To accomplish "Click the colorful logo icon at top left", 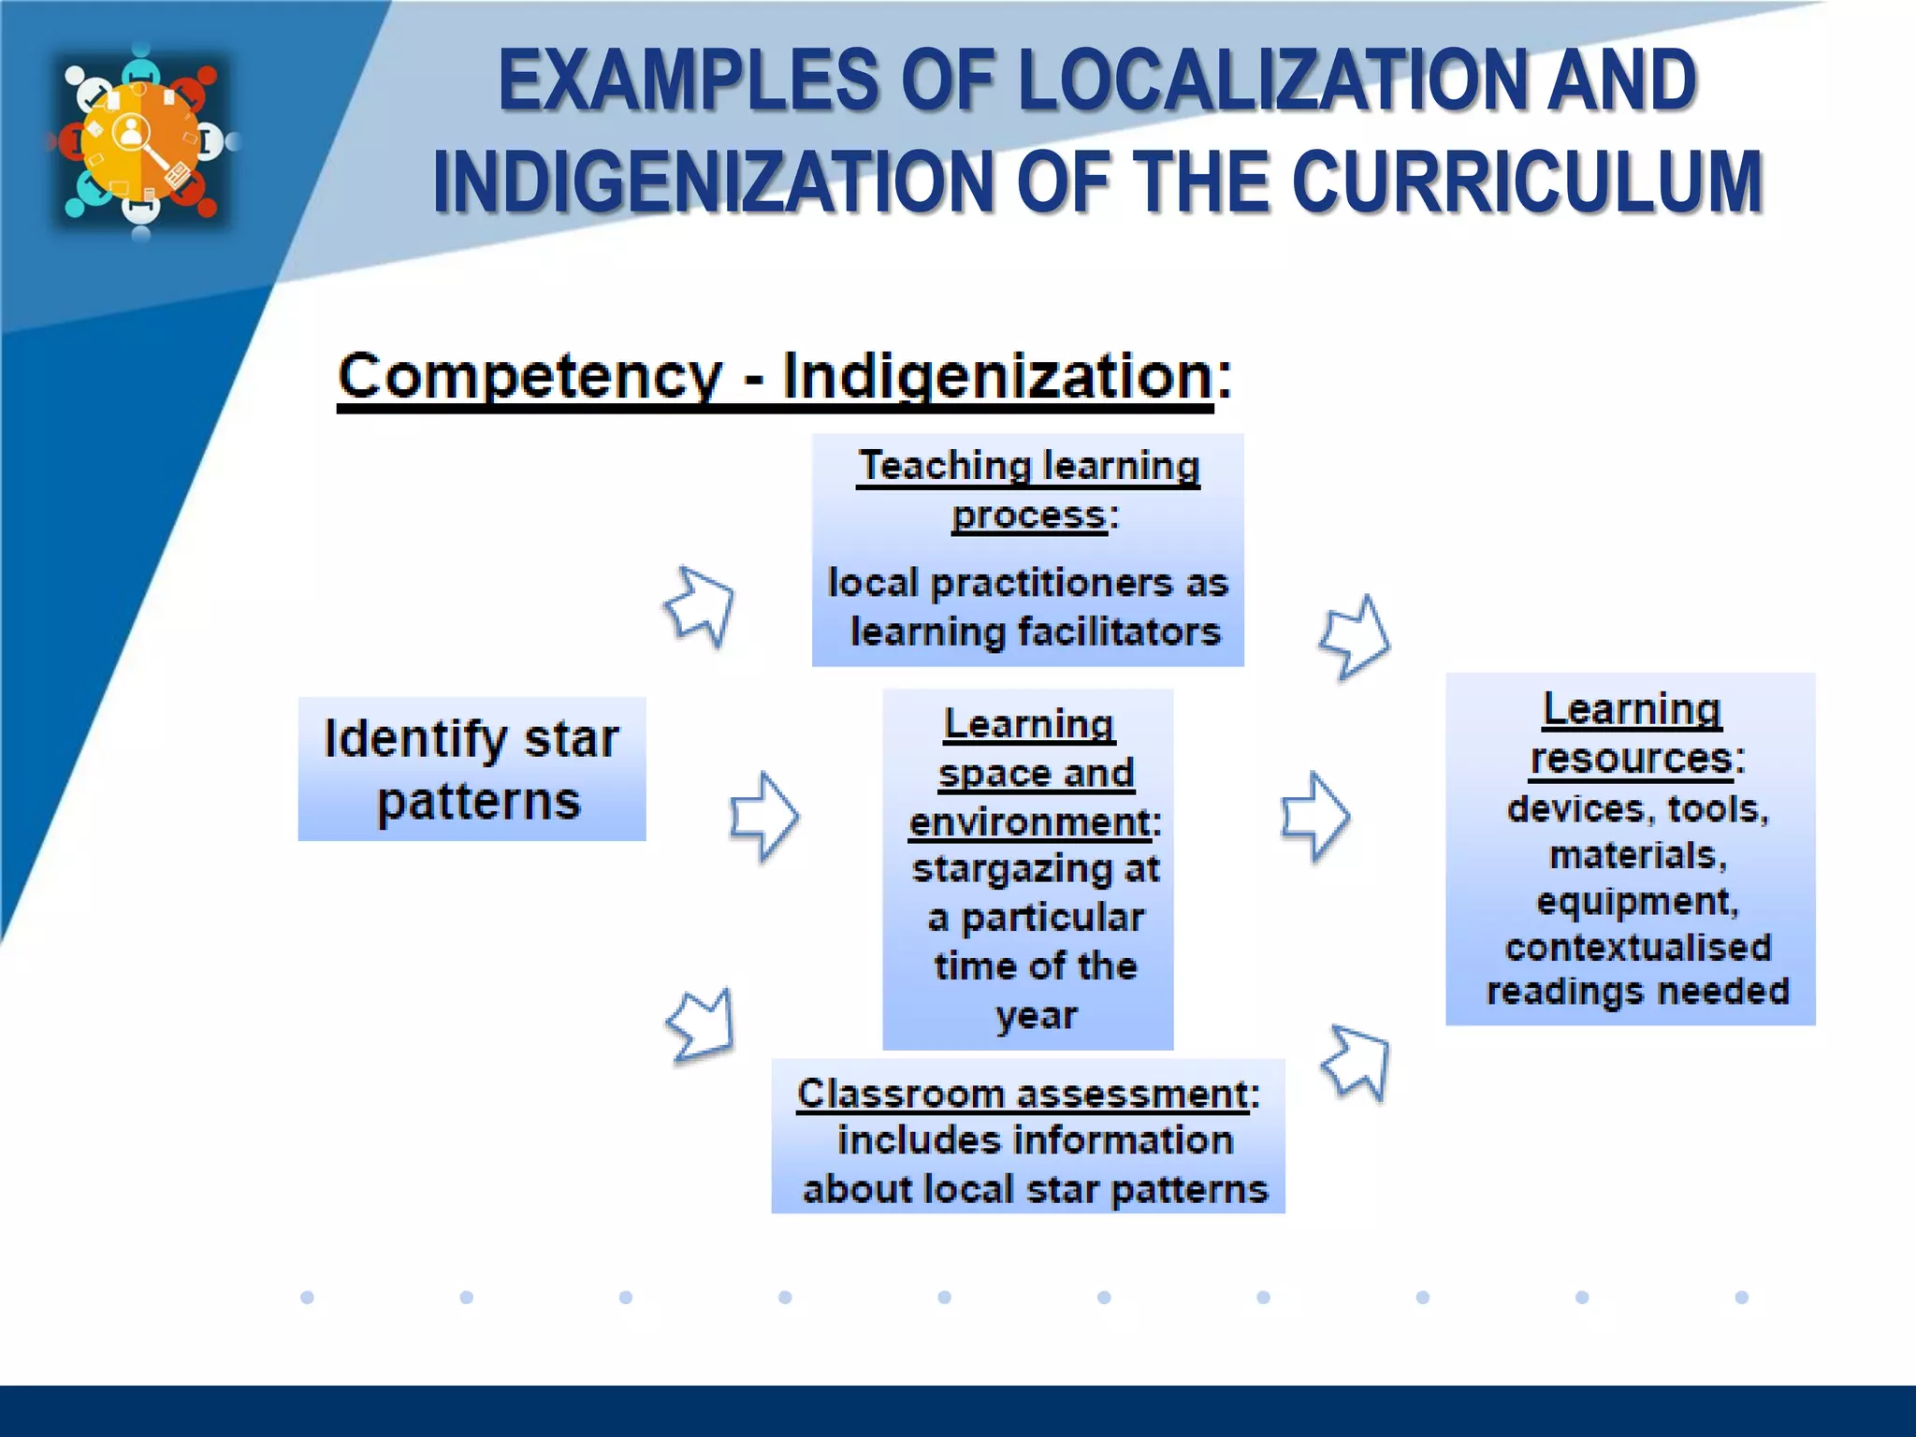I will tap(140, 140).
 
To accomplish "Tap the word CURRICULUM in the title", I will tap(1527, 181).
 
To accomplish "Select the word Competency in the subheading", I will tap(530, 376).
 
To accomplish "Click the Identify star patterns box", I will tap(472, 769).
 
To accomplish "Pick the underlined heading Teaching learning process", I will tap(1028, 490).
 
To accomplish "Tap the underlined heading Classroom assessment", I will tap(1022, 1094).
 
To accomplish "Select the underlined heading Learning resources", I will tap(1632, 733).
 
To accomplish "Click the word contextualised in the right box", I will tap(1637, 948).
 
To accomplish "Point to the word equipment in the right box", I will tap(1637, 902).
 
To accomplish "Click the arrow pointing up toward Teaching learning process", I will tap(701, 605).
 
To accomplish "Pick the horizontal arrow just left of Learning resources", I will tap(1314, 816).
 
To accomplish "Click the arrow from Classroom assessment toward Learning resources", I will tap(1357, 1062).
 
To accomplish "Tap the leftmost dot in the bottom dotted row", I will tap(307, 1297).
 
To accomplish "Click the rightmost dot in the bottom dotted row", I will tap(1741, 1297).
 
